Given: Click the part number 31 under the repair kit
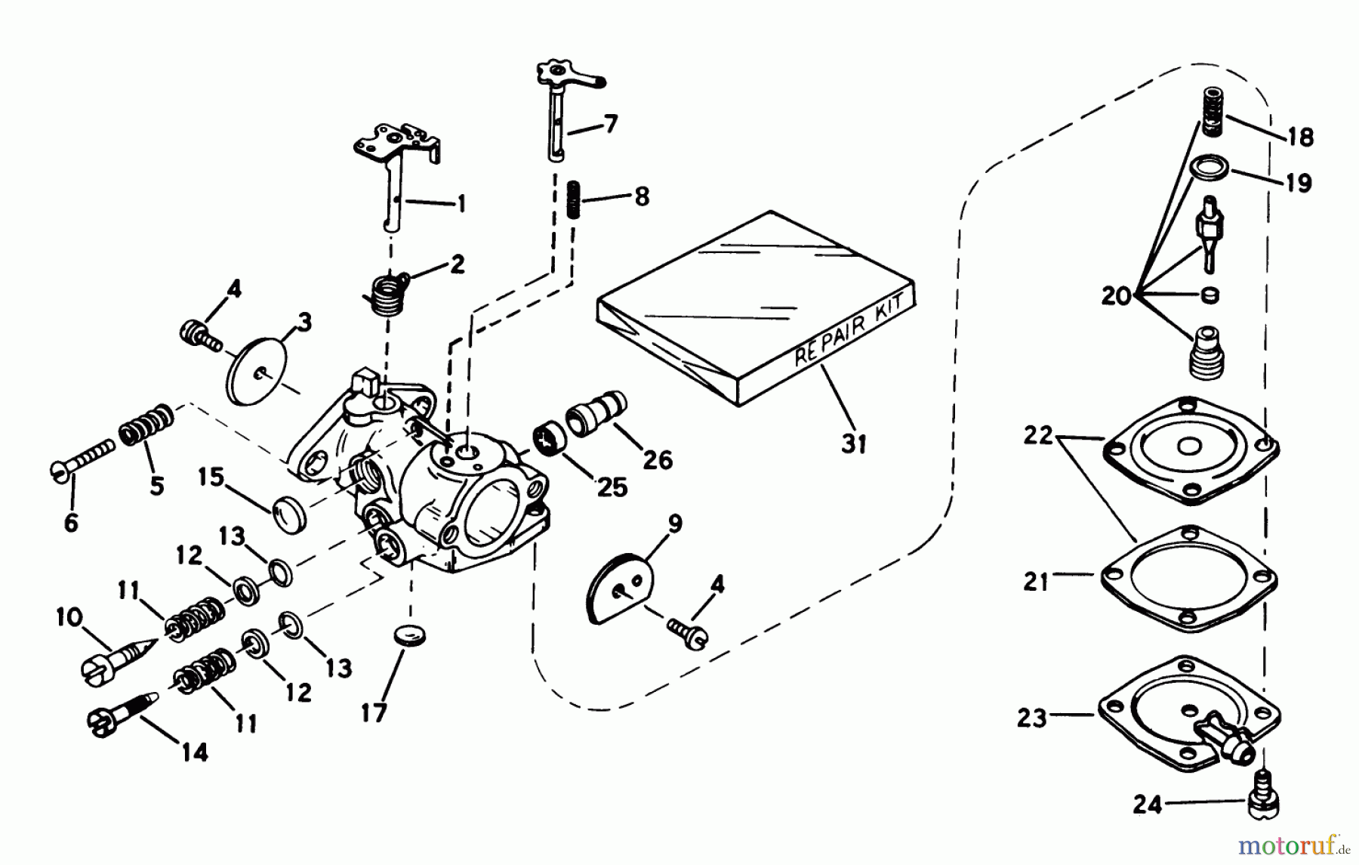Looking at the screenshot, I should coord(853,443).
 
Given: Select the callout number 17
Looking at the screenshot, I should coord(374,712).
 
